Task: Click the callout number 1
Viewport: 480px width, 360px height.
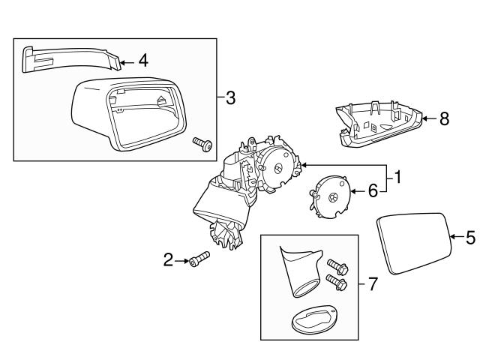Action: (x=397, y=178)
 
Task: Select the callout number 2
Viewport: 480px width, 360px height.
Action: (x=169, y=260)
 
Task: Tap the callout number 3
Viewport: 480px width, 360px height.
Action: (x=230, y=97)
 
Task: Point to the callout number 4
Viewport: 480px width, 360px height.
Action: (x=142, y=60)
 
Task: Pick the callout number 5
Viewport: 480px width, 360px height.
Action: (x=469, y=238)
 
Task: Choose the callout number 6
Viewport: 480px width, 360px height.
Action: (x=373, y=192)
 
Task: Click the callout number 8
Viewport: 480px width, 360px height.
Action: (x=444, y=118)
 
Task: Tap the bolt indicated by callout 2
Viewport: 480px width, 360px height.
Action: (x=199, y=259)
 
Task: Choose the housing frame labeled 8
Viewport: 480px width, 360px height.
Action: (x=379, y=121)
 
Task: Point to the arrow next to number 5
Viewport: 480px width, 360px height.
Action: (x=455, y=238)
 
